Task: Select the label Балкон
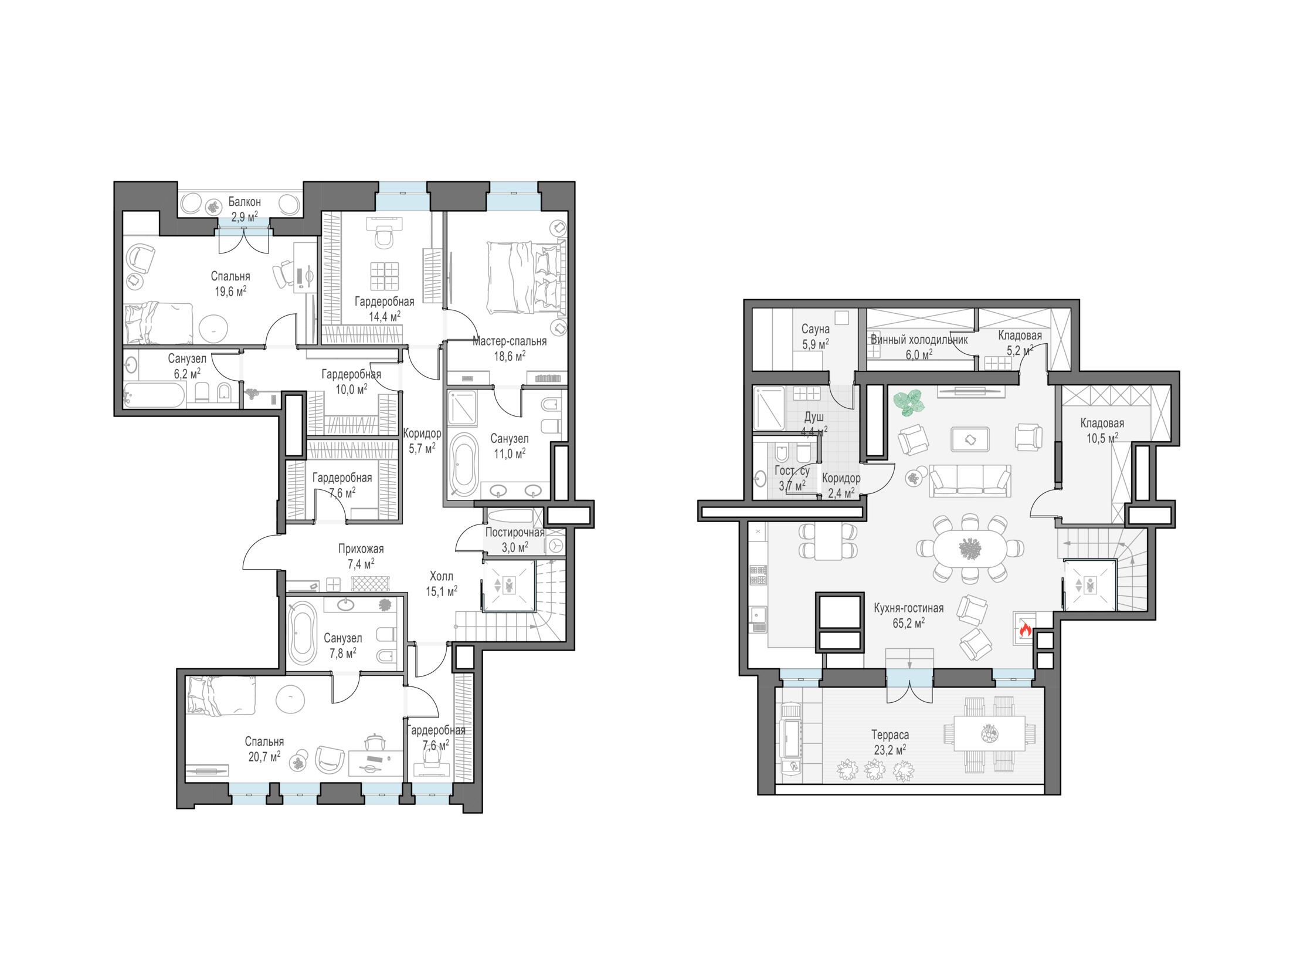[245, 202]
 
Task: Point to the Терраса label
[890, 735]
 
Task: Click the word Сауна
[816, 330]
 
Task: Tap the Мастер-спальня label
[510, 341]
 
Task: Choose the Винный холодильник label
[918, 340]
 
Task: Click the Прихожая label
[361, 549]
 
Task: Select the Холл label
[441, 576]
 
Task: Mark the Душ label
[814, 417]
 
